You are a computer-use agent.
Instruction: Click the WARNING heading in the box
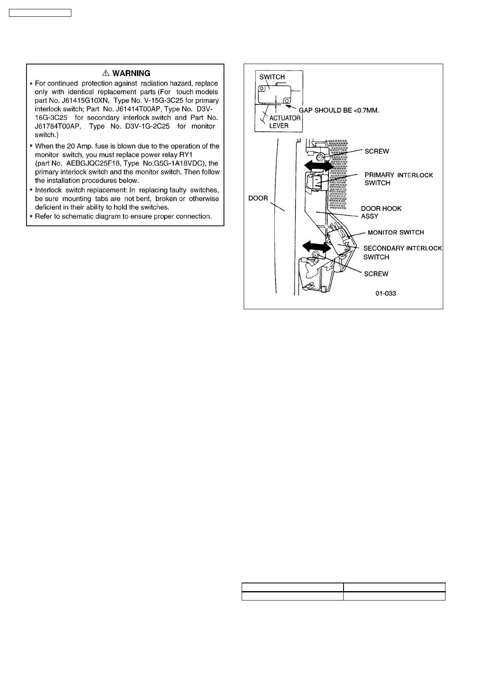coord(131,73)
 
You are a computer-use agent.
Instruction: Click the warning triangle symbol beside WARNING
coord(106,73)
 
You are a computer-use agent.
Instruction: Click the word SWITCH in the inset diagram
coord(272,77)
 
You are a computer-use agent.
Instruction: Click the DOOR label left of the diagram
coord(258,198)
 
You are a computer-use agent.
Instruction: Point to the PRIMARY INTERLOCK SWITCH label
coord(398,179)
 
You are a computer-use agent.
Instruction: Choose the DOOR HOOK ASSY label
coord(381,212)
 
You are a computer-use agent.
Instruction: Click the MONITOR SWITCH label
coord(395,233)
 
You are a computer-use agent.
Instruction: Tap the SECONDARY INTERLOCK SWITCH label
coord(402,253)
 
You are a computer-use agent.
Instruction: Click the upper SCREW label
coord(377,151)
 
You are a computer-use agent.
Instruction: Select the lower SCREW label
coord(376,274)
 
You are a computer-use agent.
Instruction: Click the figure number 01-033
coord(386,293)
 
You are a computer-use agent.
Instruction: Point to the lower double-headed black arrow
coord(316,246)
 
